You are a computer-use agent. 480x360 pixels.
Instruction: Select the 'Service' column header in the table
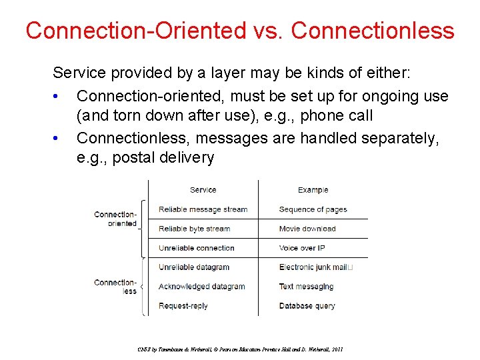coord(203,190)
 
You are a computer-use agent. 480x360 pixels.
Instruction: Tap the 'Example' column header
coord(313,190)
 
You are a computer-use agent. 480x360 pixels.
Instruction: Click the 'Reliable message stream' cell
coord(203,209)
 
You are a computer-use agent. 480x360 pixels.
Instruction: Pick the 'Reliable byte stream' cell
coord(194,229)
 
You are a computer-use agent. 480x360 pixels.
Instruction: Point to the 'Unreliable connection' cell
coord(196,248)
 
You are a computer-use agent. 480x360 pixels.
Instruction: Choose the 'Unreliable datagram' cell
coord(193,267)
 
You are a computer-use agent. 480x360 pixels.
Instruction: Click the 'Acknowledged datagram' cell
coord(201,287)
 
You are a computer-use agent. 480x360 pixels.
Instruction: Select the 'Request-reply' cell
coord(183,306)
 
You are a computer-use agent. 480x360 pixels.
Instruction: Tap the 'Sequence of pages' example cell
coord(313,209)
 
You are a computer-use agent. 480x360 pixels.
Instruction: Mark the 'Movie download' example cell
coord(307,229)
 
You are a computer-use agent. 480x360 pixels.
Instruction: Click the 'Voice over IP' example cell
coord(301,248)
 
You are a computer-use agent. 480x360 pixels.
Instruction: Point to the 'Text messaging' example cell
coord(306,287)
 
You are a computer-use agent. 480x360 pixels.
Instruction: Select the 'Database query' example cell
coord(307,306)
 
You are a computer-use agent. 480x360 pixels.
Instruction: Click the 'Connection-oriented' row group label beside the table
coord(115,219)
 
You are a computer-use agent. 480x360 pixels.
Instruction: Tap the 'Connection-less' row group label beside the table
coord(115,287)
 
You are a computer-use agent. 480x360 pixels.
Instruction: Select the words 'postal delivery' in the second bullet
coord(163,158)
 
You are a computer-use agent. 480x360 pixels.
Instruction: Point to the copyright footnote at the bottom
coord(241,349)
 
